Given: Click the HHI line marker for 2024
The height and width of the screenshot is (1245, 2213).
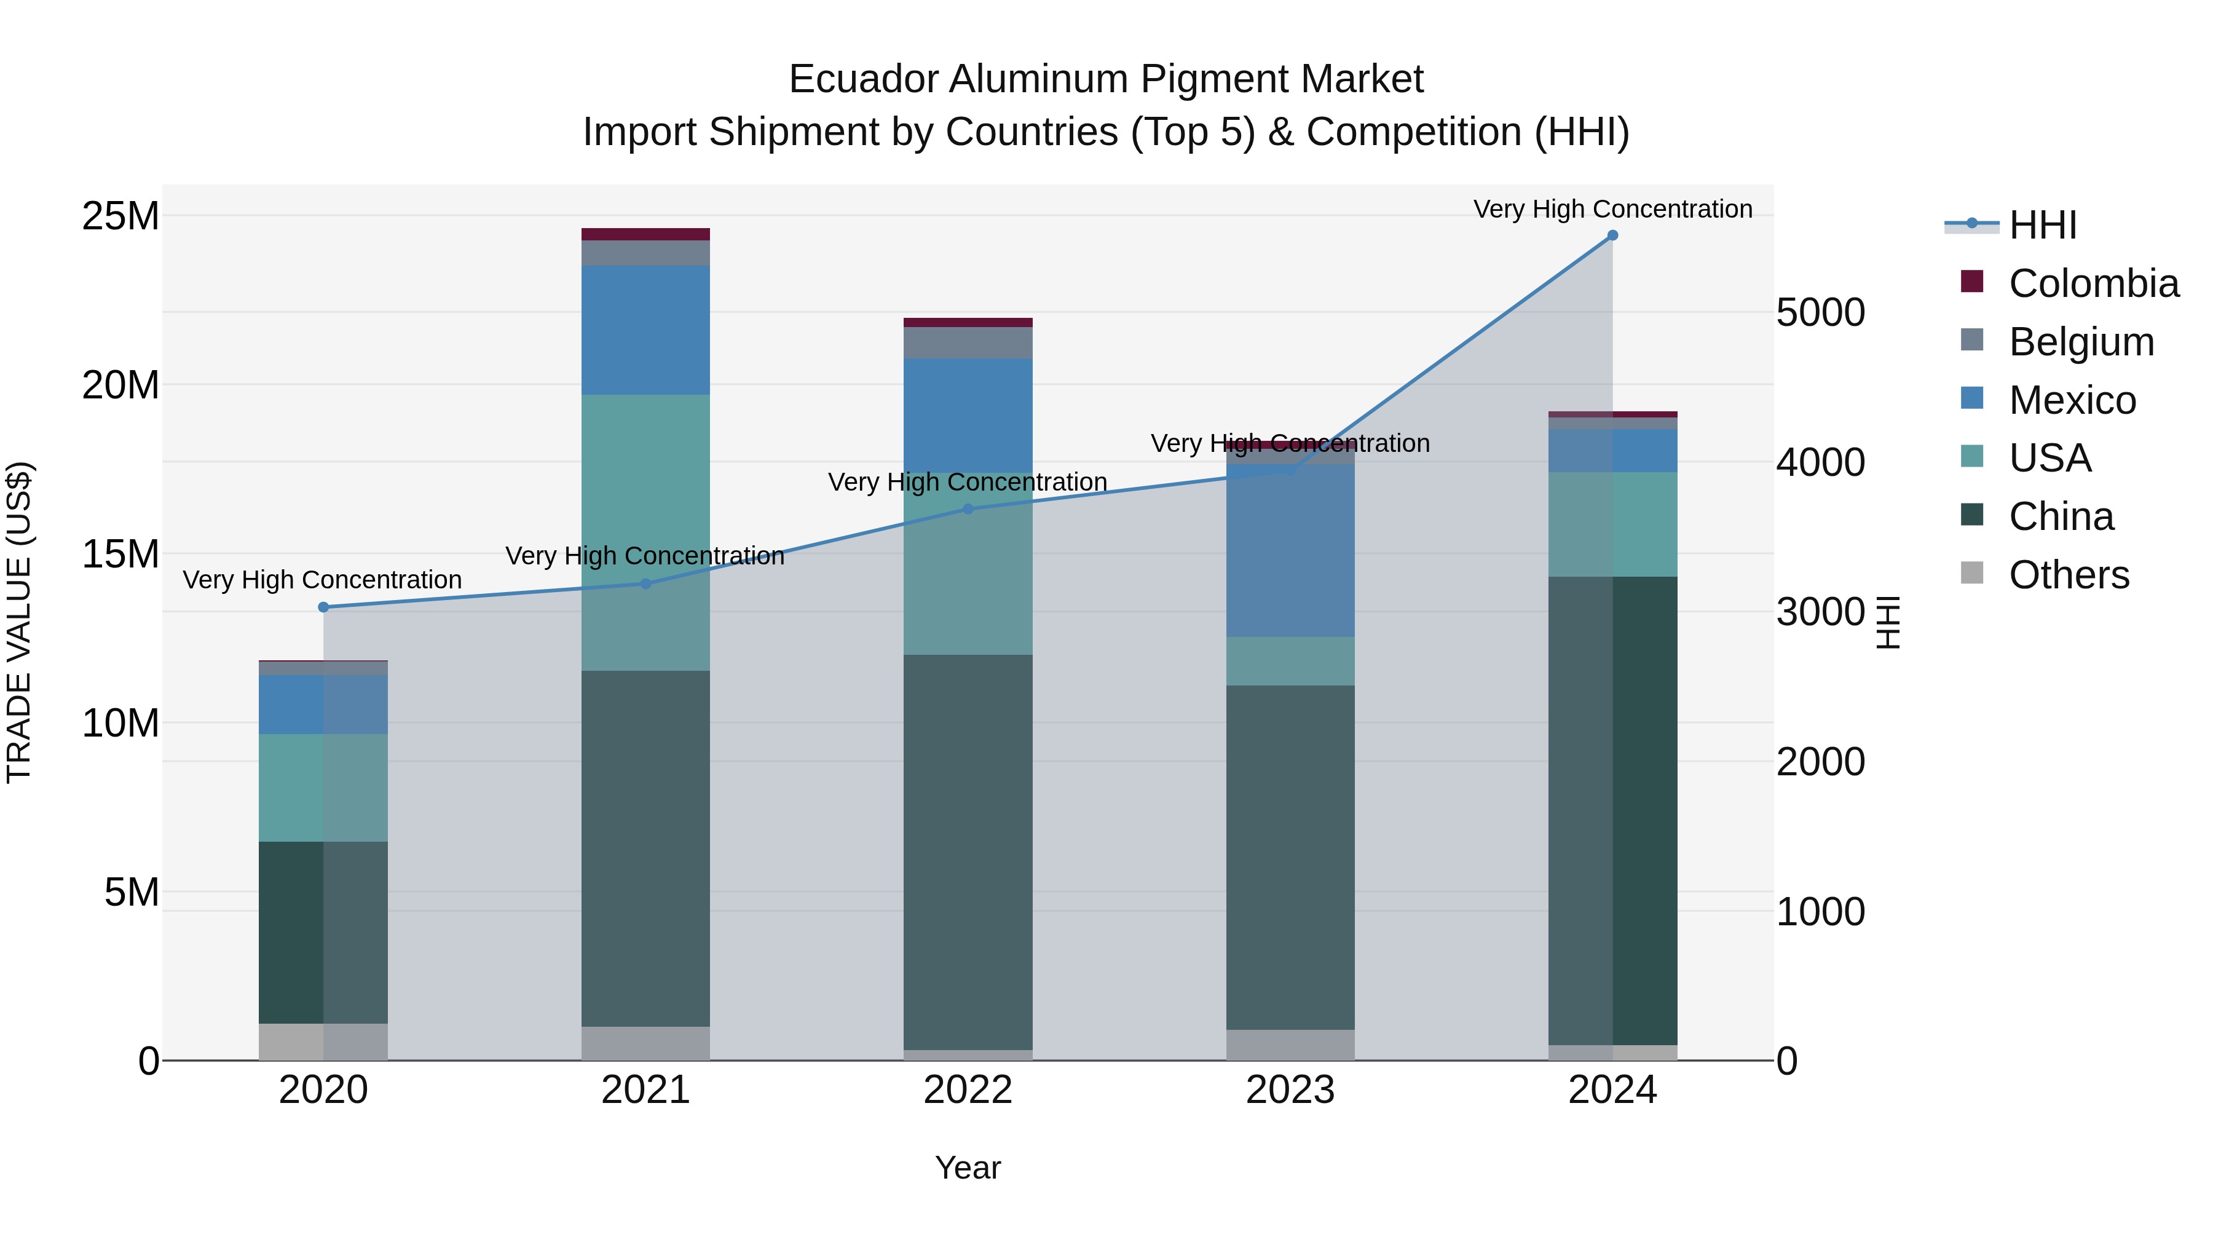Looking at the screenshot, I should pos(1612,235).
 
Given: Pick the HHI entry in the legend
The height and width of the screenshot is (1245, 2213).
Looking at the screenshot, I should pos(2042,225).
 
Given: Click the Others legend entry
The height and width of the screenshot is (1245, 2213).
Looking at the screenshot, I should pos(2069,575).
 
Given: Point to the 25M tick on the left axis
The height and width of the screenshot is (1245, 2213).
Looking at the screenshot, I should pos(120,216).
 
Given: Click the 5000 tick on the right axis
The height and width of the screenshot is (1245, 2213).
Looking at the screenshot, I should pos(1820,313).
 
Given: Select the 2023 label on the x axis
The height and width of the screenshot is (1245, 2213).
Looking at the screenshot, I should pos(1290,1090).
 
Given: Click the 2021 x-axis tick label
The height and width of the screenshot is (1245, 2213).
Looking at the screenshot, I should pos(645,1090).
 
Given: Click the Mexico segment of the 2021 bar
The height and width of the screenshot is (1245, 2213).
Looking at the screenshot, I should pos(645,330).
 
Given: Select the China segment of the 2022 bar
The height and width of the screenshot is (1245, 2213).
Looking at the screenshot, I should pos(968,851).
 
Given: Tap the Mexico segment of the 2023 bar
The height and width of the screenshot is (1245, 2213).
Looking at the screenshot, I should pos(1290,550).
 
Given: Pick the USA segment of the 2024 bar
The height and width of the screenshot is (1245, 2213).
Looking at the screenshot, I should pos(1612,524).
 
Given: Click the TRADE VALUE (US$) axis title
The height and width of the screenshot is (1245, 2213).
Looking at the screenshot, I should pos(20,622).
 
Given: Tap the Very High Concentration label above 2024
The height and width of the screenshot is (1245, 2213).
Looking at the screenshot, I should pos(1612,209).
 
